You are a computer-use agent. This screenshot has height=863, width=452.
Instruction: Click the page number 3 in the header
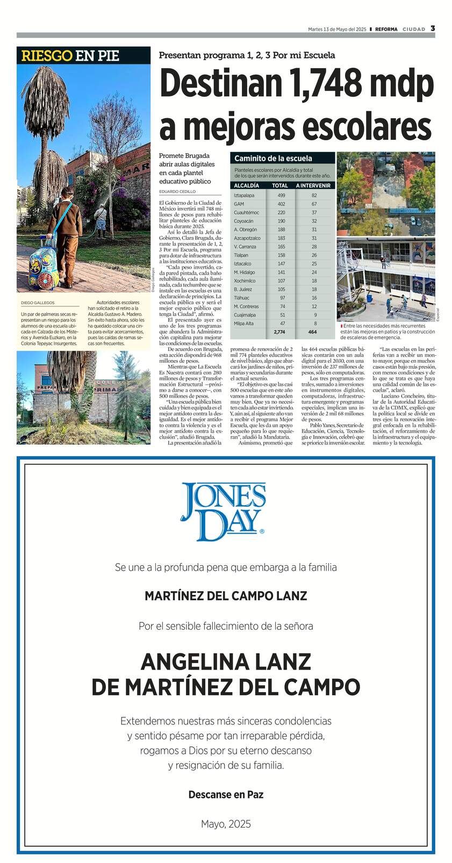(433, 28)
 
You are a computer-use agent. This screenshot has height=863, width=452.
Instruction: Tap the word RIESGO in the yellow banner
(47, 55)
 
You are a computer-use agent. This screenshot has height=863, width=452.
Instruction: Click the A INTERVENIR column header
(313, 185)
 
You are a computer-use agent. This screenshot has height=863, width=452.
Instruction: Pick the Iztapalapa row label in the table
(244, 195)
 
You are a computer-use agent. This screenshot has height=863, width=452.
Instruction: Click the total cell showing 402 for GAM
(281, 204)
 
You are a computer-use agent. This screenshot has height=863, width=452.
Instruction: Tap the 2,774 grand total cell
(279, 332)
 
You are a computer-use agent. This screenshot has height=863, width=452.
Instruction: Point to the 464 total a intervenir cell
(313, 332)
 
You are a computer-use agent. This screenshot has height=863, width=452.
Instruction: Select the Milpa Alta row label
(243, 323)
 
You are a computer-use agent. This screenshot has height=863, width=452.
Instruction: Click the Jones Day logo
(223, 511)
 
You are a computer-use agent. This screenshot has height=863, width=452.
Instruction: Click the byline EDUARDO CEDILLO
(177, 191)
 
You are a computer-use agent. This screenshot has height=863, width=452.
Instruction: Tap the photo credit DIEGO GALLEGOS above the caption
(38, 303)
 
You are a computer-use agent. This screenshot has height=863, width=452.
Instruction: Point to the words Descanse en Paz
(226, 794)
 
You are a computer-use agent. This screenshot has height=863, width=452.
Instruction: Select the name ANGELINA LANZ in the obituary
(226, 661)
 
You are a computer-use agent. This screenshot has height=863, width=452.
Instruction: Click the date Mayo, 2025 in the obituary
(226, 824)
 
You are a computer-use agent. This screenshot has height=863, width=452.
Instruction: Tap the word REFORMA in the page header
(386, 29)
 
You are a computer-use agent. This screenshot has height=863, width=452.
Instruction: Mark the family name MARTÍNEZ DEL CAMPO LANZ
(226, 596)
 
